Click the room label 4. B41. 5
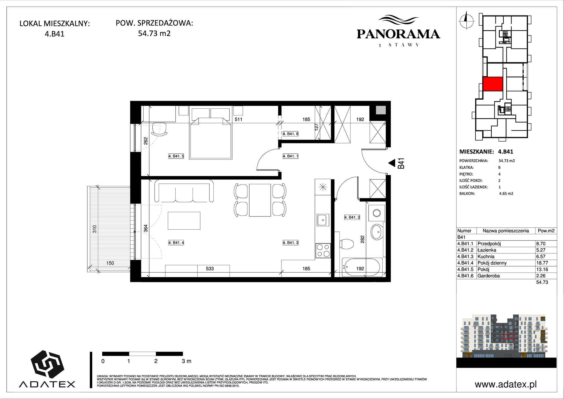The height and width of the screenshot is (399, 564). pyautogui.click(x=176, y=156)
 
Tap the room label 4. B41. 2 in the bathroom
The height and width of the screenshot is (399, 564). pyautogui.click(x=352, y=217)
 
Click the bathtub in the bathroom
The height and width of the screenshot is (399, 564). pyautogui.click(x=362, y=267)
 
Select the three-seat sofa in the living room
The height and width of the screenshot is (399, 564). pyautogui.click(x=184, y=191)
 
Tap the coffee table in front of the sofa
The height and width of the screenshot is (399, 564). pyautogui.click(x=184, y=221)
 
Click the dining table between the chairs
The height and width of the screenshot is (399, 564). pyautogui.click(x=260, y=200)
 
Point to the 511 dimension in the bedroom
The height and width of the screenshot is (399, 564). pyautogui.click(x=238, y=119)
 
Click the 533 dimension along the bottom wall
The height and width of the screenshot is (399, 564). pyautogui.click(x=210, y=269)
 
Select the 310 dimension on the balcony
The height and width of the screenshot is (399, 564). pyautogui.click(x=95, y=229)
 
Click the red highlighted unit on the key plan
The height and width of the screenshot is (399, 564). pyautogui.click(x=493, y=84)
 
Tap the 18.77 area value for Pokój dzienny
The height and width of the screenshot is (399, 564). pyautogui.click(x=541, y=263)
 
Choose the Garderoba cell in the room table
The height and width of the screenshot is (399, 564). pyautogui.click(x=489, y=276)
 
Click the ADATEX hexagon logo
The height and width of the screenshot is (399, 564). pyautogui.click(x=47, y=365)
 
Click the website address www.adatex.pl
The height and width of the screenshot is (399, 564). pyautogui.click(x=506, y=384)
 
